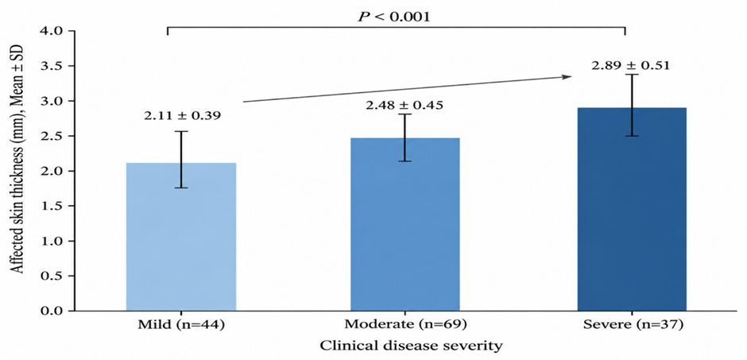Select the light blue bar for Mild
[x=181, y=237]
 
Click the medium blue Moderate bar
[x=405, y=224]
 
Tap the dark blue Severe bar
[x=632, y=209]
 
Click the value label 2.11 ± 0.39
[x=183, y=115]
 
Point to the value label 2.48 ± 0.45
[x=404, y=105]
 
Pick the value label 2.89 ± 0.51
[x=631, y=64]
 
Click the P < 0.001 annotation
[x=394, y=17]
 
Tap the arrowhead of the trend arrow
[x=567, y=76]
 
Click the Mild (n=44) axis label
[x=181, y=325]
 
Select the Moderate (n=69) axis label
[x=405, y=325]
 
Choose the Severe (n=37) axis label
[x=632, y=325]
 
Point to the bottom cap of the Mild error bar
[x=181, y=188]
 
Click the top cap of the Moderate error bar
[x=404, y=114]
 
